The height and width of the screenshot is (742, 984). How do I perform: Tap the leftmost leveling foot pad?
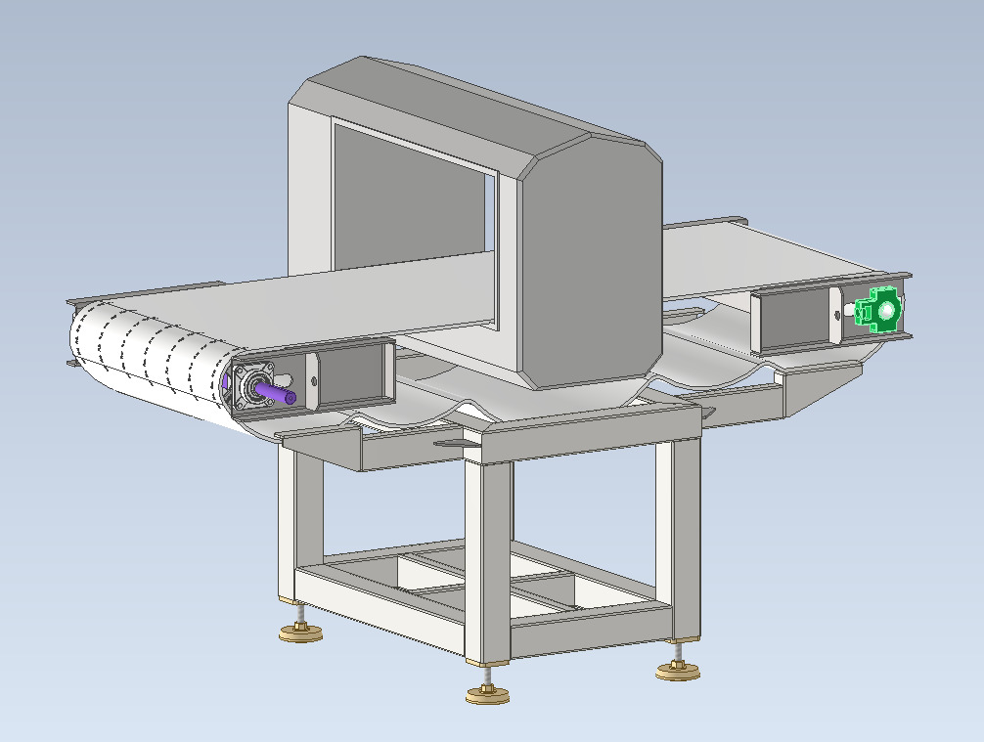pos(300,634)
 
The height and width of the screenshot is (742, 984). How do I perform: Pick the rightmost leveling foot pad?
pos(677,670)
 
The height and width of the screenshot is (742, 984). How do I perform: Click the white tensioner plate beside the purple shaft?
pos(312,380)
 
